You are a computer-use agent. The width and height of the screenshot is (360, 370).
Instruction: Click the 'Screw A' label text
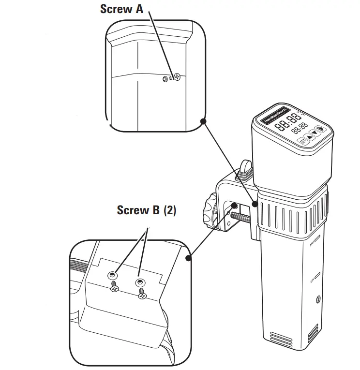[121, 9]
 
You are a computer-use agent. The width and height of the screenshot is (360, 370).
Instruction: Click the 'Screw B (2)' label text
[146, 210]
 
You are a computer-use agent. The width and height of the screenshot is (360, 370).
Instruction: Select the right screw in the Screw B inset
[142, 293]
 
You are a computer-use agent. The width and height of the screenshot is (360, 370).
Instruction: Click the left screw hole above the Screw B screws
[113, 274]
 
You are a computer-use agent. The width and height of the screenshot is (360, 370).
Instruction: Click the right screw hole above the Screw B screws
[140, 281]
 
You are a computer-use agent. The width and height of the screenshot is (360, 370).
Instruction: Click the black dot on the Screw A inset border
[204, 121]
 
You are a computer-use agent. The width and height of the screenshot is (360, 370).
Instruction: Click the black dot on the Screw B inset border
[189, 258]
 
